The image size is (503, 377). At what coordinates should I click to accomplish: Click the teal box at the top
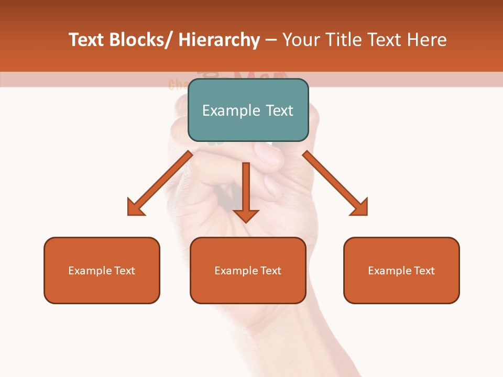pos(248,110)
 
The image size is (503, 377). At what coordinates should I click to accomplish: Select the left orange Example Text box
pos(102,270)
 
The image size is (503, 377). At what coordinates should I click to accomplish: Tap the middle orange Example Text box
pos(248,270)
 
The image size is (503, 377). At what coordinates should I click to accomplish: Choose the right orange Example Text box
pos(401,270)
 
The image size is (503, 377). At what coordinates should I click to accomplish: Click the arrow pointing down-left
pos(160,183)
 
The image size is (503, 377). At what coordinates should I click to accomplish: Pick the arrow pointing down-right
pos(335,183)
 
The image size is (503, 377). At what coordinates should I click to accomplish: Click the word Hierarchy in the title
pos(219,40)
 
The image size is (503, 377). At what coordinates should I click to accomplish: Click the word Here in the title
pos(427,40)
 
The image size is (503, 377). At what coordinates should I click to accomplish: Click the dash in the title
pos(271,40)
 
